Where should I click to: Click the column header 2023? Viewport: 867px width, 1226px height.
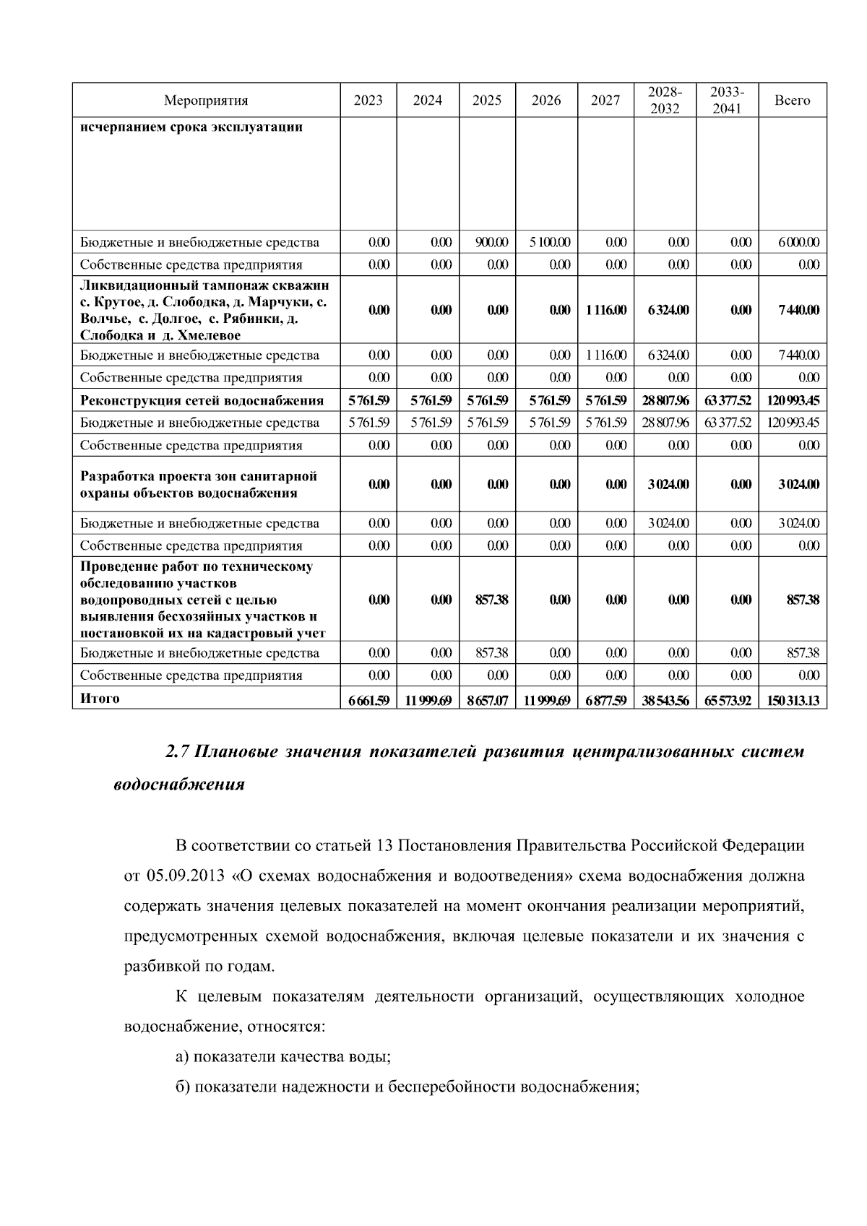click(x=368, y=100)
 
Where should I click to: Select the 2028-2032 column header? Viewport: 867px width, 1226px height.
click(x=664, y=100)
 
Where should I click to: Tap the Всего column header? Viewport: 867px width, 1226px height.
click(x=792, y=100)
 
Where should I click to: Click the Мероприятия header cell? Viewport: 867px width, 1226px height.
click(x=206, y=100)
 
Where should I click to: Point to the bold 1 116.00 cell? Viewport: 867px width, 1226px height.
click(x=605, y=310)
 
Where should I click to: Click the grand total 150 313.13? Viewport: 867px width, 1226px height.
click(x=793, y=700)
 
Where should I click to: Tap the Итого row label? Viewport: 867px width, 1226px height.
click(x=100, y=699)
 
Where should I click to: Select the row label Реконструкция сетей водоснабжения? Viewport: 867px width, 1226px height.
click(x=202, y=400)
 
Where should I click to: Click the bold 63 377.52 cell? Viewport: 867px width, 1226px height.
click(x=728, y=400)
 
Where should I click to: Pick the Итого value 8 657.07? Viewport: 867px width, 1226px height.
click(x=487, y=700)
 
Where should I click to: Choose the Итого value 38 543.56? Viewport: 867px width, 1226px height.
click(x=665, y=700)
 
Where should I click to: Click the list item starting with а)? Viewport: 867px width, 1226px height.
click(x=283, y=1057)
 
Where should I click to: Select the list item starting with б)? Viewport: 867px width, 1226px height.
click(x=407, y=1087)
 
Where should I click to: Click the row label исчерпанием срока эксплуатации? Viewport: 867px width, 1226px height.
click(x=191, y=128)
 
